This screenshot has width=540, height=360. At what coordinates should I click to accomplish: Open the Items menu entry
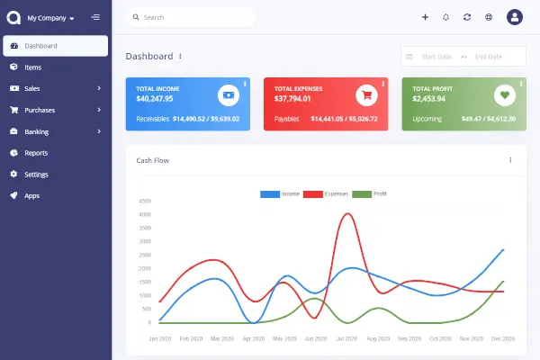[x=32, y=67]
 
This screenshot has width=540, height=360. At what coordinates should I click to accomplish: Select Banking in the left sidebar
[x=37, y=131]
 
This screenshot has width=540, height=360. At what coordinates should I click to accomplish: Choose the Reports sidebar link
[x=36, y=153]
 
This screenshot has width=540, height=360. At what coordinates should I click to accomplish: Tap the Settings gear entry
[x=36, y=175]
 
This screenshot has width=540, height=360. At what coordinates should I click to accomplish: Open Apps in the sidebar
[x=31, y=195]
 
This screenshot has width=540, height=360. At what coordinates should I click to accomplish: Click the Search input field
[x=193, y=17]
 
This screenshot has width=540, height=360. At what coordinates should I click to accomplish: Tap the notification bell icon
[x=445, y=17]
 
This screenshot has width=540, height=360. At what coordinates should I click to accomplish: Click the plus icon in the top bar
[x=425, y=17]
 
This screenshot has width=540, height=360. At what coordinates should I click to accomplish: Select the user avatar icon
[x=515, y=17]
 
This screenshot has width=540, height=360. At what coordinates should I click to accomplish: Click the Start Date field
[x=436, y=57]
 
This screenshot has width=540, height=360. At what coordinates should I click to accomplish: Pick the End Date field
[x=488, y=57]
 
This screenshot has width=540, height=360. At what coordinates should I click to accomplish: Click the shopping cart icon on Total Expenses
[x=365, y=94]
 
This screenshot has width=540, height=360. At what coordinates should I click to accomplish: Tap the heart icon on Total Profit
[x=504, y=94]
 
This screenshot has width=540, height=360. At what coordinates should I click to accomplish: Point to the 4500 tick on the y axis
[x=145, y=201]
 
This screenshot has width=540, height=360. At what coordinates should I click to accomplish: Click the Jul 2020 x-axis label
[x=346, y=339]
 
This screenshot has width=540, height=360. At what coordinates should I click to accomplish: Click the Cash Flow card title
[x=152, y=160]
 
